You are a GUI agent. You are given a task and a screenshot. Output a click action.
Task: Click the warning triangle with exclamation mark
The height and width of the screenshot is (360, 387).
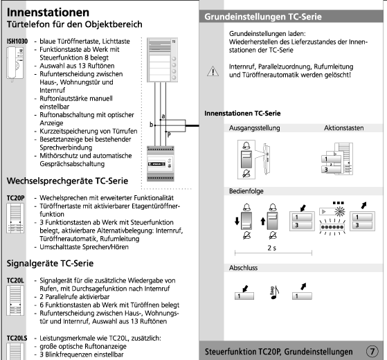point(213,71)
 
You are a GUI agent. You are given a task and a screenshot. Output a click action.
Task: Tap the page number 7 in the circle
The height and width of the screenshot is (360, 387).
point(372,351)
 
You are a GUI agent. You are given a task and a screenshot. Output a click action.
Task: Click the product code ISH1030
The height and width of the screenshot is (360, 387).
point(17,42)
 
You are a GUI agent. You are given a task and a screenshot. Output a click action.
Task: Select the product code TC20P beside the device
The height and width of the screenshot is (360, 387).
point(15,198)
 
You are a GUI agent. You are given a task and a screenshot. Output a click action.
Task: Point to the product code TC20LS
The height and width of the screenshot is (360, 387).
point(17,338)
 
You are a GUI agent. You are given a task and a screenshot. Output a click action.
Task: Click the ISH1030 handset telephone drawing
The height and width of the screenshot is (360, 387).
point(15,64)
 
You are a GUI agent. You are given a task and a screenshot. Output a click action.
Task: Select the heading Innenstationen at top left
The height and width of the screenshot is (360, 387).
point(48,12)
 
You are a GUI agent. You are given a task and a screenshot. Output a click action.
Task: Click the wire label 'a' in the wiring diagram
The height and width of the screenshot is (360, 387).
point(163,116)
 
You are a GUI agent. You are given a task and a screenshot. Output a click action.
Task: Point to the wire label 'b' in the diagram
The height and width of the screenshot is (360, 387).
point(152,125)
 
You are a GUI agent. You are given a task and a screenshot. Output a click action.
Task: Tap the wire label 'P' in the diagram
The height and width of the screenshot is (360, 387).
point(169,135)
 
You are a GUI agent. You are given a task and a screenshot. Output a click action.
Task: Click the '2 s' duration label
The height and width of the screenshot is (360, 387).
point(272,248)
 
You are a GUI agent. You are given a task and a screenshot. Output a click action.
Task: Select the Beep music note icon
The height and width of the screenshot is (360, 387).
point(274,292)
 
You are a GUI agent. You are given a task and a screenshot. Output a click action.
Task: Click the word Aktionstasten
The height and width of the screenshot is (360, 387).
point(343,128)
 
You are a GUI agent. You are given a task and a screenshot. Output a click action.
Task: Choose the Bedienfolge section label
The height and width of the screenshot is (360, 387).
point(246,191)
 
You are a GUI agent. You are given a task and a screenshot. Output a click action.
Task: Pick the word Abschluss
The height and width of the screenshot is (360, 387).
point(243,268)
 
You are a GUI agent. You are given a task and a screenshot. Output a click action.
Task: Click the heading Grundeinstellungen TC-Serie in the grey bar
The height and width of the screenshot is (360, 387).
point(263,17)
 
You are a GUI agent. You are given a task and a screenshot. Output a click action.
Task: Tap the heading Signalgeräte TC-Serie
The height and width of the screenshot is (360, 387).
point(50,263)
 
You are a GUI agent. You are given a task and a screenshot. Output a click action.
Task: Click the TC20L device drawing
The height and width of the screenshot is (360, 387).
point(15,300)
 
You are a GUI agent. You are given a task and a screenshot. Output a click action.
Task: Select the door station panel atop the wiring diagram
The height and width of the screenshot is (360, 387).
point(162,60)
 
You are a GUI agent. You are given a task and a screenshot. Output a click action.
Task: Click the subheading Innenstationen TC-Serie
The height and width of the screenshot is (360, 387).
point(242,114)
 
